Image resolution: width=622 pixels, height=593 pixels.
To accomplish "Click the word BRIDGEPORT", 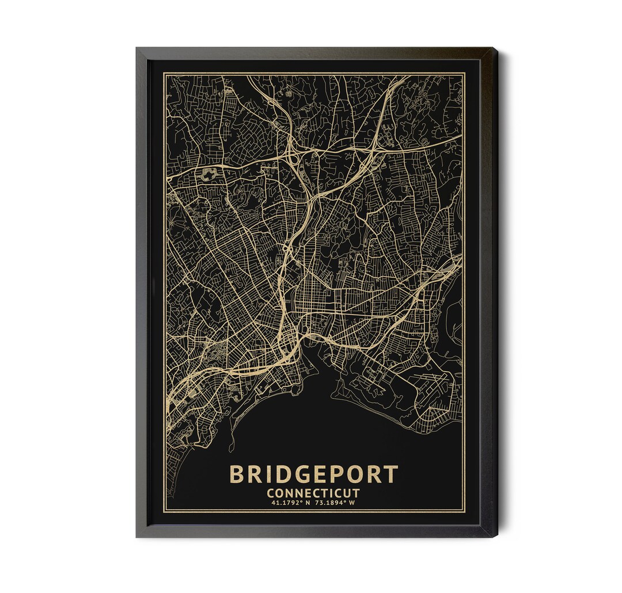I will (x=313, y=475).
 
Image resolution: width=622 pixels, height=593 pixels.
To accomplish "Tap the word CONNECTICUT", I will (x=313, y=493).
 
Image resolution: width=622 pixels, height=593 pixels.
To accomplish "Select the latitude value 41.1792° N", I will (x=291, y=503).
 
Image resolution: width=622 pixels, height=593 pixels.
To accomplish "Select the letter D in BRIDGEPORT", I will (x=272, y=475).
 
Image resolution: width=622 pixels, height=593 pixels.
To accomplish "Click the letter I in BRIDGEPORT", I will (x=260, y=475).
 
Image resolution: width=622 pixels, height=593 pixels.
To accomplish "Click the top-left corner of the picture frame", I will (x=137, y=49).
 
